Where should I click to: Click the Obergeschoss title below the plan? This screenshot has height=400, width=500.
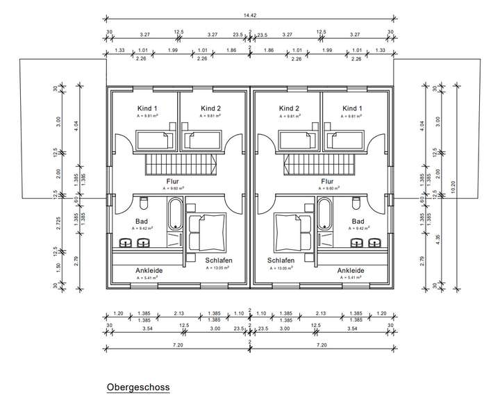coord(137,386)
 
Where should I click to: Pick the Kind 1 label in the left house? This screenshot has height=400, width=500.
coord(146,108)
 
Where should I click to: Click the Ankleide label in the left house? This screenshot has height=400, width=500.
coord(149,271)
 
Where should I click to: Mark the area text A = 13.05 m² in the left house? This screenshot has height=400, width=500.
coord(218,268)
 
